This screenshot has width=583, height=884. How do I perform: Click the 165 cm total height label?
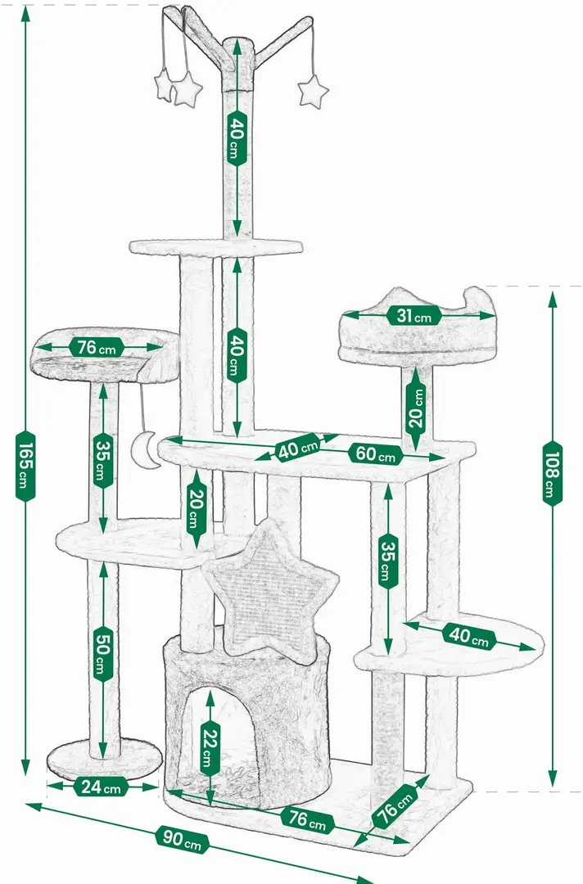click(x=25, y=466)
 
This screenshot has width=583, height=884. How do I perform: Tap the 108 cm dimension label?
click(x=553, y=473)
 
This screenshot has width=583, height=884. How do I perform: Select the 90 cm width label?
click(x=182, y=838)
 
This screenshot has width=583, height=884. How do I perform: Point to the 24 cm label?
click(x=101, y=787)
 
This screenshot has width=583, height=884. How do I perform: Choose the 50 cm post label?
click(x=102, y=653)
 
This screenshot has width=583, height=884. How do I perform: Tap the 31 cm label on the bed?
click(x=414, y=316)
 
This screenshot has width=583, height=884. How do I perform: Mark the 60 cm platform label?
click(x=376, y=453)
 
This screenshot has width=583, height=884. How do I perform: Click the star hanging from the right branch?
click(x=312, y=92)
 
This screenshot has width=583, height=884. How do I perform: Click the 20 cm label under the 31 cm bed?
click(x=416, y=409)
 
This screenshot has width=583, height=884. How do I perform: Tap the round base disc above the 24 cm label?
click(x=104, y=759)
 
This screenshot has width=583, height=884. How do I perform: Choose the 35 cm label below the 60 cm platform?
click(x=388, y=561)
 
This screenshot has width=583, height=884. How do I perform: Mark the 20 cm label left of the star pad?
click(x=196, y=509)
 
